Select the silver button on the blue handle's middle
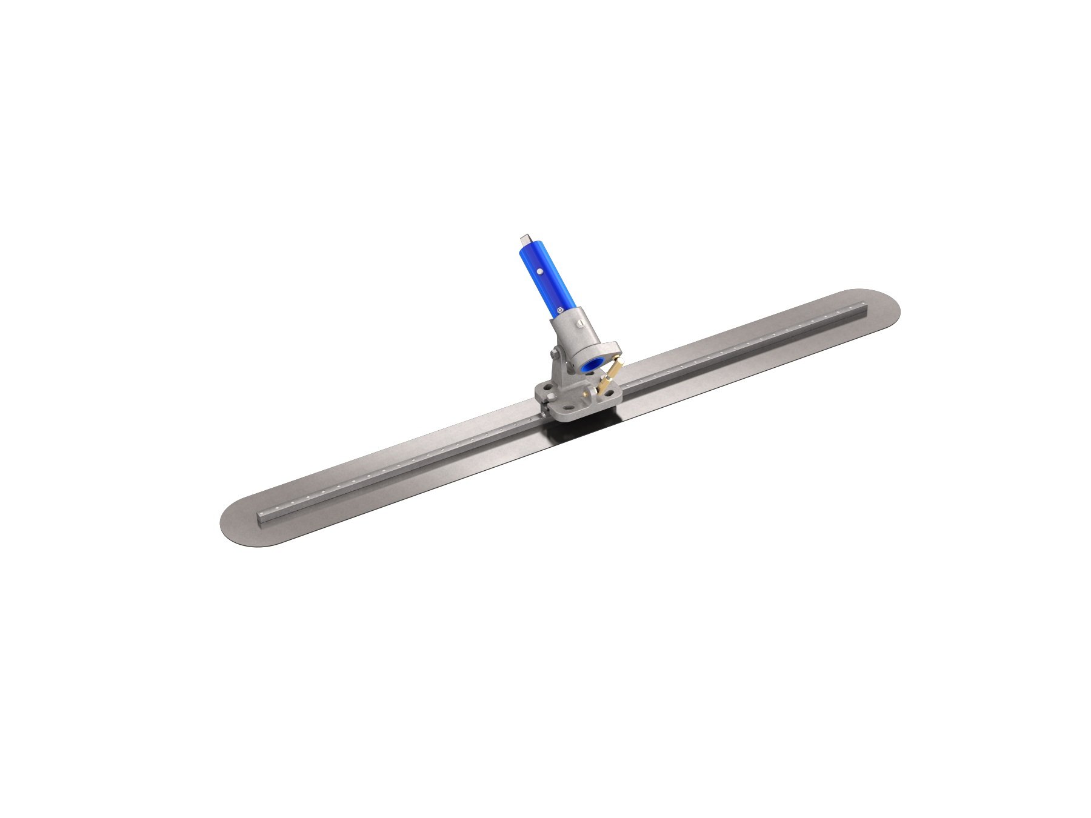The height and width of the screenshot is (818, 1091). pos(539,273)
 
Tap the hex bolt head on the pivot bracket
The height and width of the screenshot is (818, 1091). pos(554,354)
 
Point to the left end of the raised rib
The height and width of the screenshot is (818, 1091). pos(261,519)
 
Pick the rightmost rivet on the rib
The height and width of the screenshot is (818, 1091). pos(856,308)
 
